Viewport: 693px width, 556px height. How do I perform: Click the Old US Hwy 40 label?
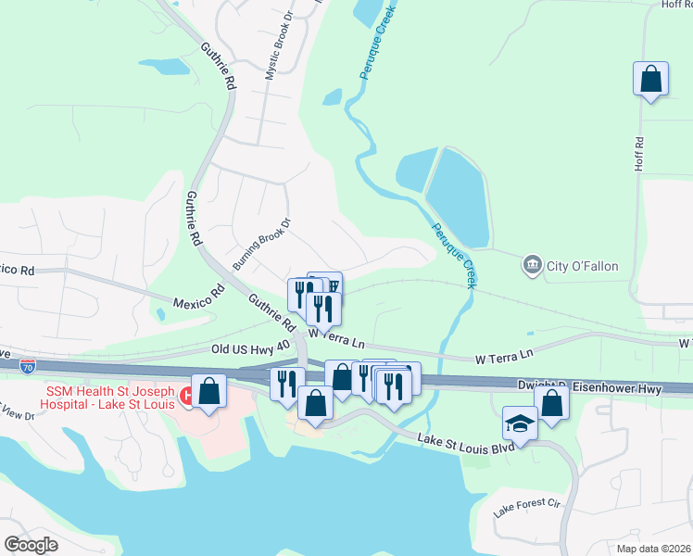coord(250,347)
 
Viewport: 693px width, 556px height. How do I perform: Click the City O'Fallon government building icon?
coord(532,266)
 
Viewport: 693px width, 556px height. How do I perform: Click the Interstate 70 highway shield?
coord(29,367)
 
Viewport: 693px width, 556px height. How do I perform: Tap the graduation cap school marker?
coord(520,423)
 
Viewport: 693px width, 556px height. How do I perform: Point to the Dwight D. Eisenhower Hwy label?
coord(589,388)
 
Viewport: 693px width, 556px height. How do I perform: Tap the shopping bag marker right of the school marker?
coord(552,405)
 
